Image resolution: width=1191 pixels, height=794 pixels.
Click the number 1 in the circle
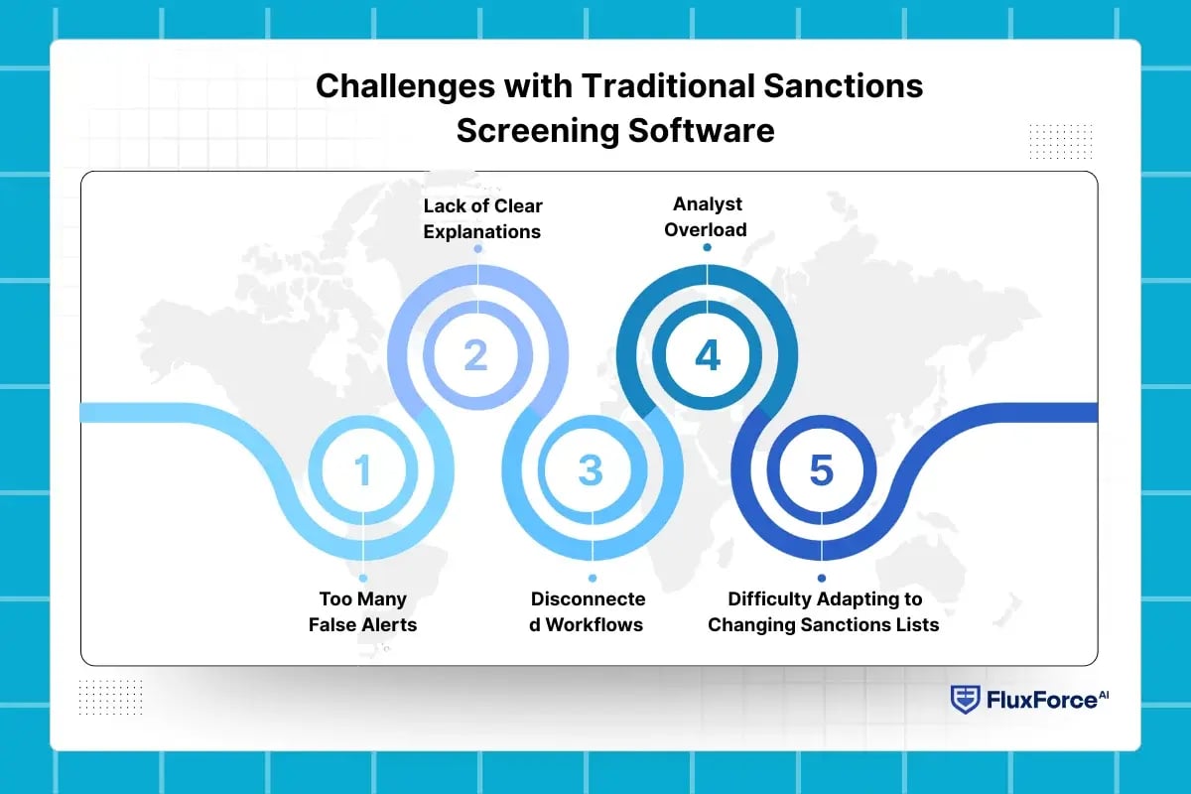tap(363, 469)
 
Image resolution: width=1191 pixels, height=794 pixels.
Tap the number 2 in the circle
tap(476, 355)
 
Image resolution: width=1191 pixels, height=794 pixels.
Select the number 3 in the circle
tap(592, 469)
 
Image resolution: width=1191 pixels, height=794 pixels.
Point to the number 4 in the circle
tap(707, 355)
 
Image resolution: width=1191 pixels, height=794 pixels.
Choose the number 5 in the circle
tap(821, 469)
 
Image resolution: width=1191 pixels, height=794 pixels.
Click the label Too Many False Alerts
tap(363, 612)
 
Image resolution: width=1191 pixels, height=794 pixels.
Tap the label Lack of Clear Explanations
tap(482, 218)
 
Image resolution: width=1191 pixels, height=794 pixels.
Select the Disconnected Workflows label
tap(588, 612)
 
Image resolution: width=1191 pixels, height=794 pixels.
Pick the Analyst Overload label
tap(707, 216)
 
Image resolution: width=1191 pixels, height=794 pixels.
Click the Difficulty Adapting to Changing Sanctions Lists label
tap(823, 612)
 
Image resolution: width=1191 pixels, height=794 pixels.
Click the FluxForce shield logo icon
tap(965, 700)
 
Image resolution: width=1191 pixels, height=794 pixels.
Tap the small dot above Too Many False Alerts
tap(363, 578)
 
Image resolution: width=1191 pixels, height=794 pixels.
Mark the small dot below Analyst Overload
tap(707, 247)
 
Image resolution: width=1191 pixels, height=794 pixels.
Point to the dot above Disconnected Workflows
tap(593, 578)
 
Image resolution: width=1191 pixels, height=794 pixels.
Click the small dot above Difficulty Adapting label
tap(822, 578)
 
